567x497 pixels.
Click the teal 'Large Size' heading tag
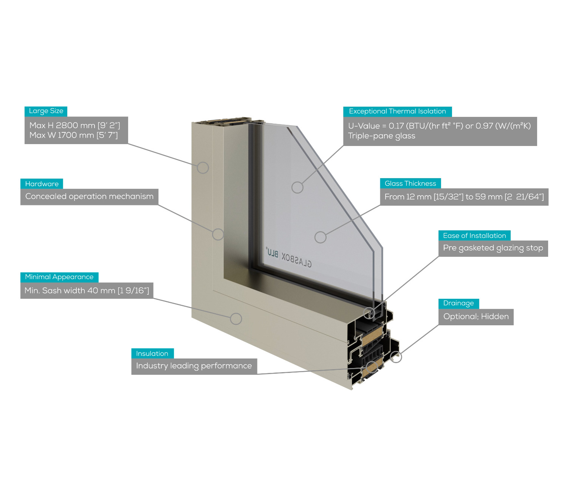(x=46, y=111)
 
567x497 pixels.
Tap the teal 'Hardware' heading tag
(x=42, y=184)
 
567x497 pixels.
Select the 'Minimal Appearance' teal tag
(x=59, y=277)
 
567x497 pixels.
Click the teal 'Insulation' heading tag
(x=153, y=353)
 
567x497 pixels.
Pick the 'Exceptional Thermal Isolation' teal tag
(x=397, y=112)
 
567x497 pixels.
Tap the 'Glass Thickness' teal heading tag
(x=410, y=183)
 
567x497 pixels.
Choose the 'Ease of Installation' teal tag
(x=474, y=236)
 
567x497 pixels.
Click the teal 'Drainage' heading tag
(x=459, y=303)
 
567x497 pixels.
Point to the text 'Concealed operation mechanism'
(x=89, y=196)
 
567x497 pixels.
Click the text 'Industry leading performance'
(x=194, y=366)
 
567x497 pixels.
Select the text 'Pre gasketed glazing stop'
(x=493, y=248)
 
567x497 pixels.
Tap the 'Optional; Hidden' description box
(x=476, y=317)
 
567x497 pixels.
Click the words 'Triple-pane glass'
(x=381, y=136)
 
